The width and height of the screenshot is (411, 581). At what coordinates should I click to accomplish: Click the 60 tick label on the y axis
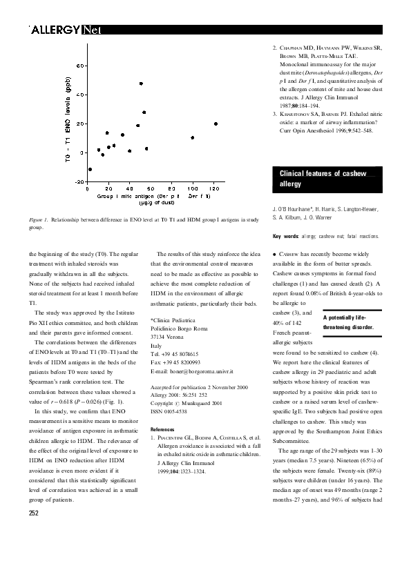[80, 66]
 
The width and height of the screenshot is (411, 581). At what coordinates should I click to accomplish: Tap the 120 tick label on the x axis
[214, 188]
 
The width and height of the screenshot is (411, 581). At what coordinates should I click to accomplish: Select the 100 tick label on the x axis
[193, 188]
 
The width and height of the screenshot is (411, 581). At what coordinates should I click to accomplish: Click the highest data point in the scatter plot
[141, 83]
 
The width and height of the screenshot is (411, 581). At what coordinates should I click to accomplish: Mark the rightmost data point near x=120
[216, 124]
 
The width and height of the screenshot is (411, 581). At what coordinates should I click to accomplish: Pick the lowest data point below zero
[90, 169]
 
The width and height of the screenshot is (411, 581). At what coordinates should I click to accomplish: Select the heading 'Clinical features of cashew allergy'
[323, 179]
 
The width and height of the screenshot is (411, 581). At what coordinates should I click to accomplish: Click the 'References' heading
[164, 429]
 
